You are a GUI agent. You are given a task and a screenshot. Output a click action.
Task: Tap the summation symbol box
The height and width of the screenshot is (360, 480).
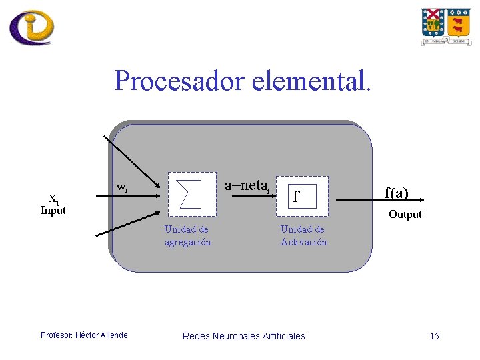pos(193,196)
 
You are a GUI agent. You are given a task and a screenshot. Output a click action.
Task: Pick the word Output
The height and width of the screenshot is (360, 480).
pos(405,215)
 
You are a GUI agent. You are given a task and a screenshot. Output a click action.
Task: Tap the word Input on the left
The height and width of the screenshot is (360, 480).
pos(53,211)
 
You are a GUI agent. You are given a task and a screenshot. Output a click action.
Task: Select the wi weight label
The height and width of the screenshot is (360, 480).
pos(121,187)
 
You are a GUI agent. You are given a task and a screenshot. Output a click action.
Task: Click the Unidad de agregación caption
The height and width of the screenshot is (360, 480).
pos(187,236)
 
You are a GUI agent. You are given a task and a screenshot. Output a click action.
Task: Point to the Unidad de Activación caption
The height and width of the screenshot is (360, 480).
pos(303,236)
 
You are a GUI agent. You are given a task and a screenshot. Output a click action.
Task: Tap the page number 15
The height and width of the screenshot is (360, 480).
pos(434,336)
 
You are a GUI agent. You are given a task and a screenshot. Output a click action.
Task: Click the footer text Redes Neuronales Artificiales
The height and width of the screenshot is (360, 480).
pos(243,336)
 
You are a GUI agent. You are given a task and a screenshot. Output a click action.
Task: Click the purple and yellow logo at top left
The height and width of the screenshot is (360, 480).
pos(31,27)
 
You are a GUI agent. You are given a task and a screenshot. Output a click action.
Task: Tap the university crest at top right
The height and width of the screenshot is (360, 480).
pos(445,26)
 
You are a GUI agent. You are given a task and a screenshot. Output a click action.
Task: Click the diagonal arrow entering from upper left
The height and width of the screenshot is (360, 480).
pos(131,161)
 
